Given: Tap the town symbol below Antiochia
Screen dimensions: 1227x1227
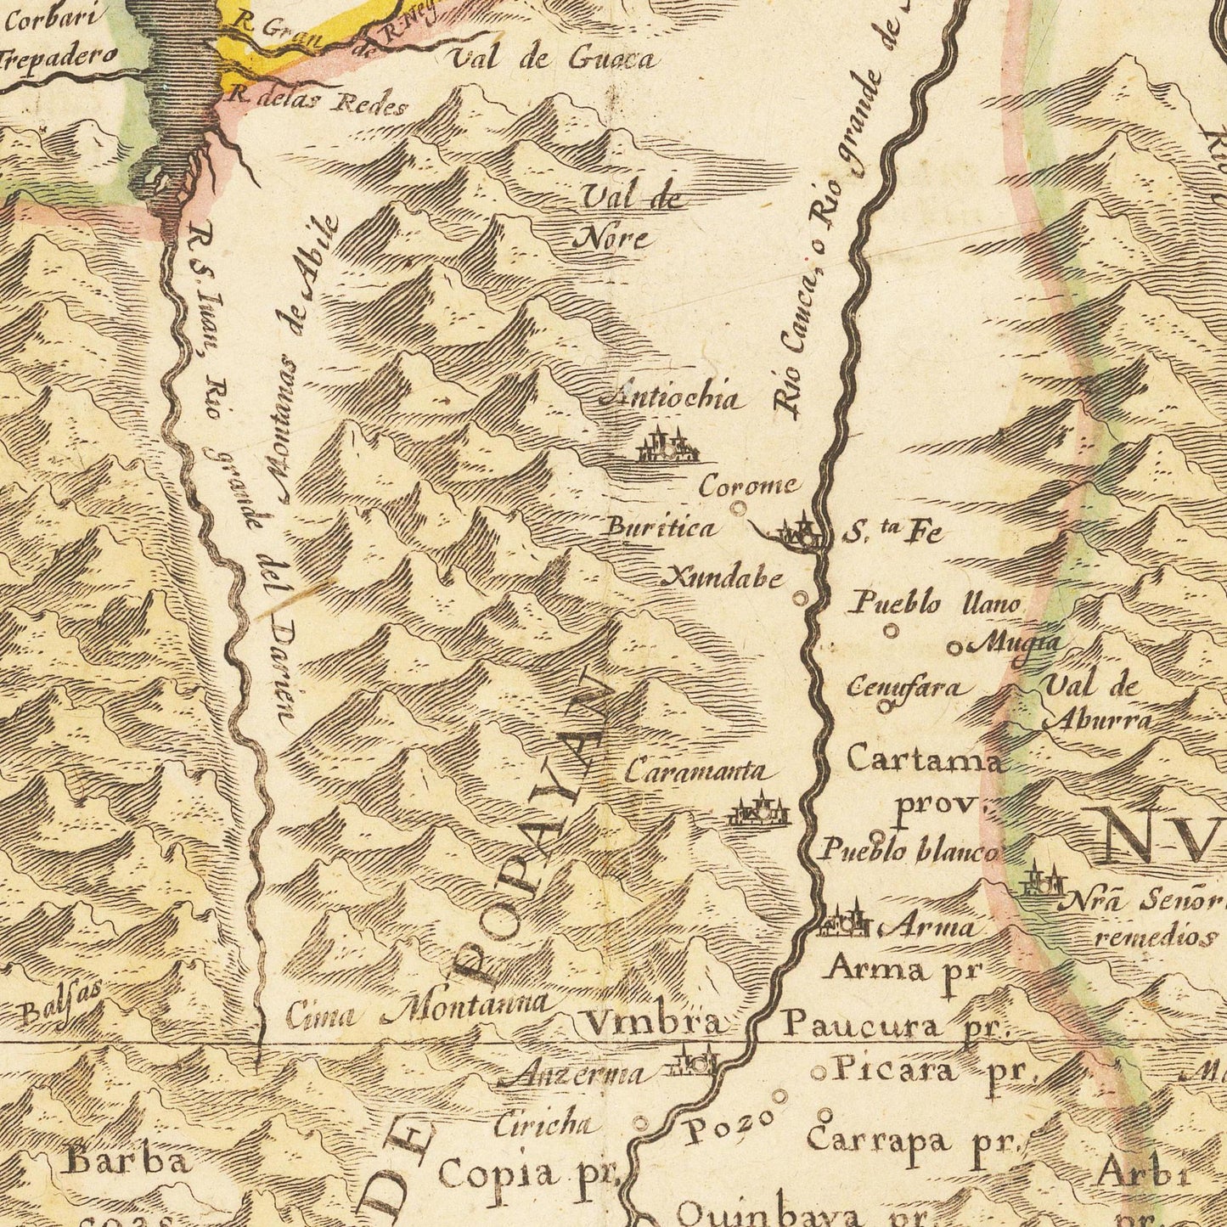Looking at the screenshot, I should (667, 447).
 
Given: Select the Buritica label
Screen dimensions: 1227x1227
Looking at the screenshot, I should (660, 528).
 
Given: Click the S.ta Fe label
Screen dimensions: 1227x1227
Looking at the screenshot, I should (893, 533).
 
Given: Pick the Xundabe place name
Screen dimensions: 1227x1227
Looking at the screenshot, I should (723, 579).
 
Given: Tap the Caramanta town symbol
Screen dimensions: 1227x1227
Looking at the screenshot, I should (759, 810).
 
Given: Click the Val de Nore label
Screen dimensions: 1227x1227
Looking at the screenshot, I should (629, 218).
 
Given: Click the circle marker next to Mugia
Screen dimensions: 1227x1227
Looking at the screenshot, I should (954, 649).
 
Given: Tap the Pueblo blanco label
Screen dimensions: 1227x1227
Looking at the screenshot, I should (907, 851).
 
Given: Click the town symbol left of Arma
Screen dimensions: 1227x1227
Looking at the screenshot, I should (843, 922).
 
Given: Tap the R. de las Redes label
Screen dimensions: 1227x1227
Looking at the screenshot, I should (319, 103).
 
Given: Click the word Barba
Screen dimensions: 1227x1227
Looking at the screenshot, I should (127, 1161).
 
